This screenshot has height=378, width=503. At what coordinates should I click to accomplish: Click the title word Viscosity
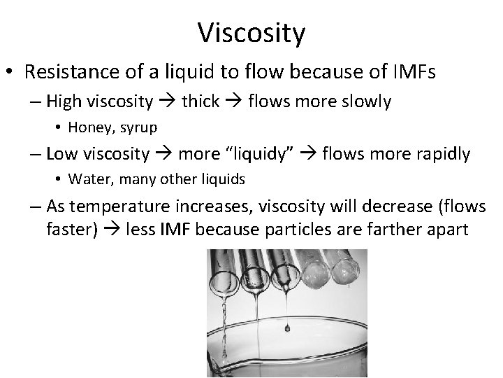click(x=251, y=31)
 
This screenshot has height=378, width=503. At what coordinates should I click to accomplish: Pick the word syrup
click(x=140, y=127)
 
